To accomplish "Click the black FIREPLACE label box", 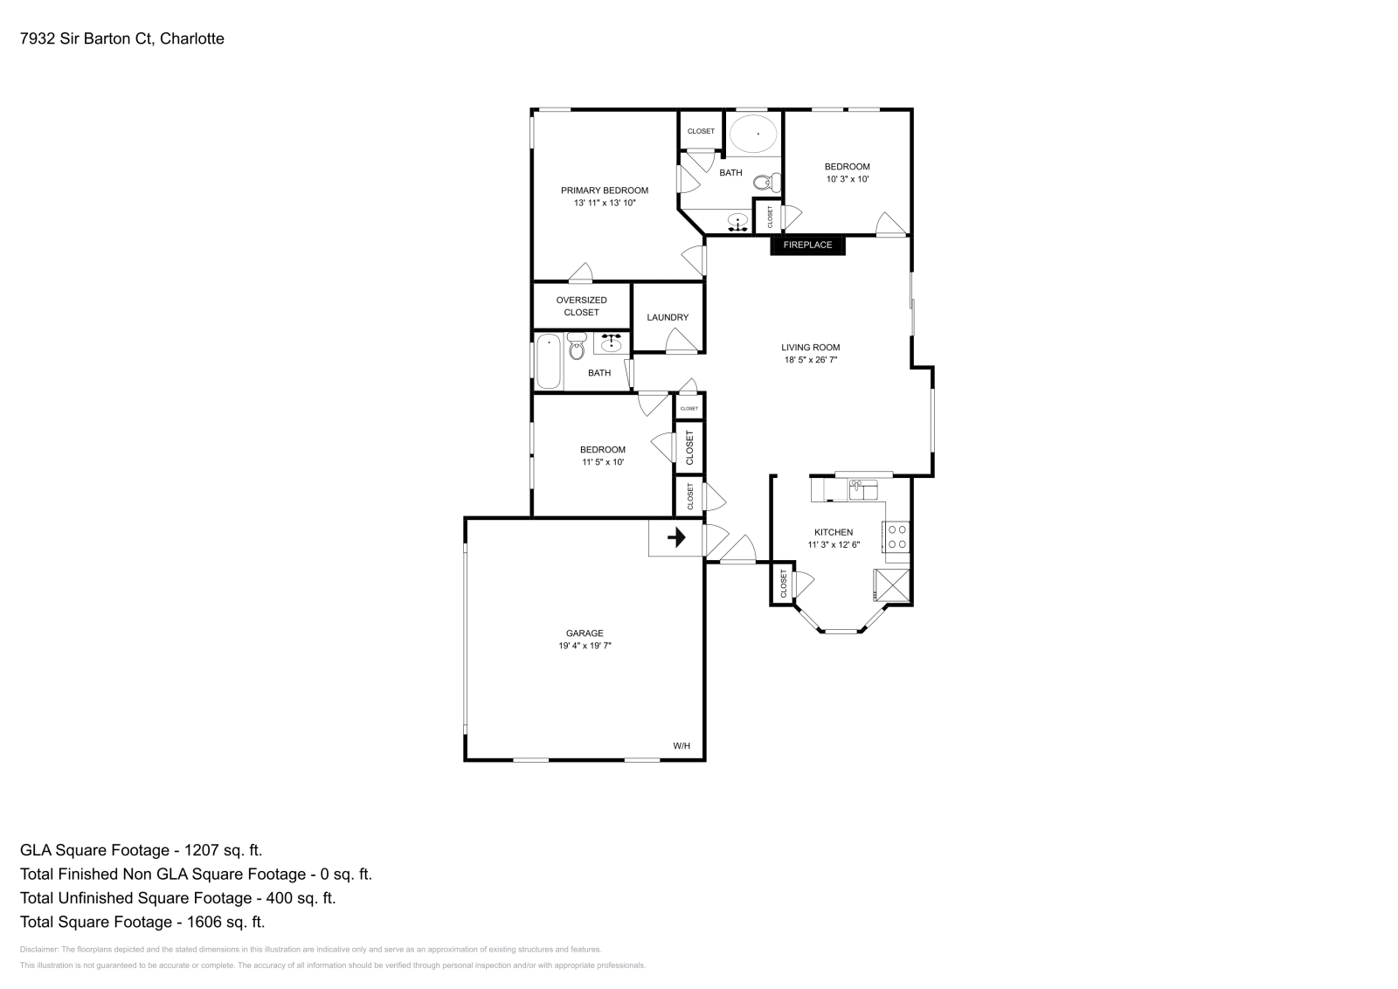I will [x=807, y=245].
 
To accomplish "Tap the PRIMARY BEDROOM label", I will [x=604, y=190].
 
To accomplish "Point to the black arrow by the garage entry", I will [x=676, y=537].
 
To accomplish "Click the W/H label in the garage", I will [x=682, y=745].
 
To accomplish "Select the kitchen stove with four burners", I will [x=896, y=536].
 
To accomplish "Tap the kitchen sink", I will [x=862, y=489].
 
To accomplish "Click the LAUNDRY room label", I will [x=668, y=317].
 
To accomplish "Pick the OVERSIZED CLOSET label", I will [x=581, y=306].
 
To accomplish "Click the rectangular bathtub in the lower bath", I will [x=548, y=361].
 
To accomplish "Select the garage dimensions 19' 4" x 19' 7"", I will [x=585, y=646].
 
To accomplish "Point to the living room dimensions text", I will [x=810, y=359].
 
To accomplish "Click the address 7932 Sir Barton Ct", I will [x=87, y=38].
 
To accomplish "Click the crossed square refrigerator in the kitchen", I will [x=892, y=585].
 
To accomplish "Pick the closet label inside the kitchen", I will [x=784, y=584].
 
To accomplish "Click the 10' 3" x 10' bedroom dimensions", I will [x=847, y=179].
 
